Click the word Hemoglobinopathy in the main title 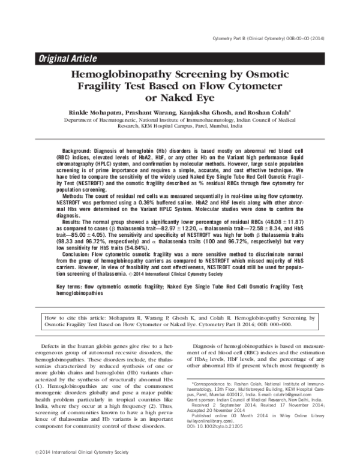[122, 76]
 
